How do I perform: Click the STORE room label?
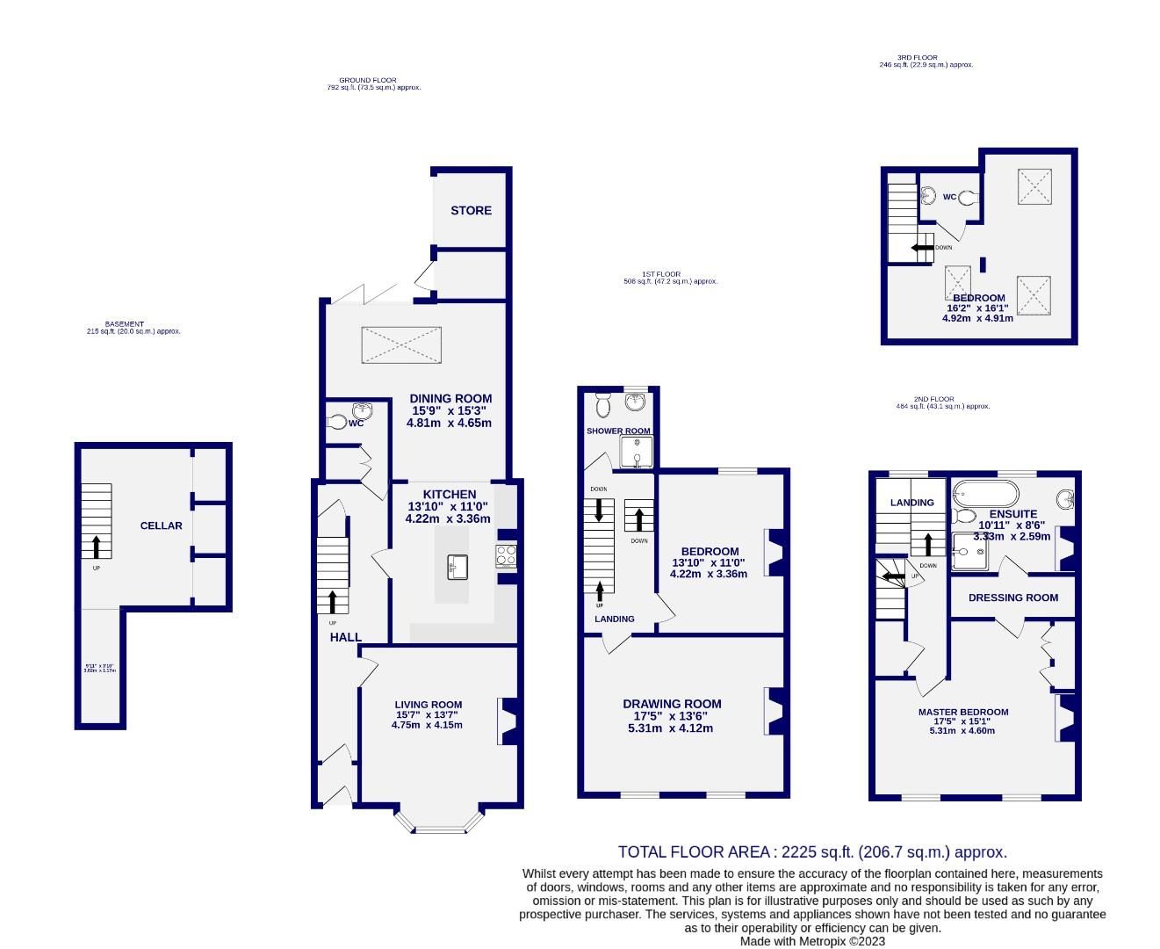[471, 211]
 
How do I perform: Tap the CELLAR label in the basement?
[162, 525]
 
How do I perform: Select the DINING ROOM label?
[450, 399]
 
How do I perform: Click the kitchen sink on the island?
[457, 566]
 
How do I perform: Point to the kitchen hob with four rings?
[507, 555]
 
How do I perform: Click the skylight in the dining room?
[401, 344]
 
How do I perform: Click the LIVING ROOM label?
[428, 704]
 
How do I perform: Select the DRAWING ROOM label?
[672, 704]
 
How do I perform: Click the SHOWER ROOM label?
[618, 431]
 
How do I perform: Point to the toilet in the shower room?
[603, 405]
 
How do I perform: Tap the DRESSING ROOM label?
[1012, 598]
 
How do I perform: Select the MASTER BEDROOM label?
[962, 712]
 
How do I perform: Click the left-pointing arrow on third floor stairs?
[921, 248]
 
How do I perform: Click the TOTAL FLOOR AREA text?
[811, 851]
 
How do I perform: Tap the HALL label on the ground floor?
[345, 637]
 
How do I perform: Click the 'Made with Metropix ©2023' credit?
[812, 941]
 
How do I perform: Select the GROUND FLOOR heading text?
[367, 80]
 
